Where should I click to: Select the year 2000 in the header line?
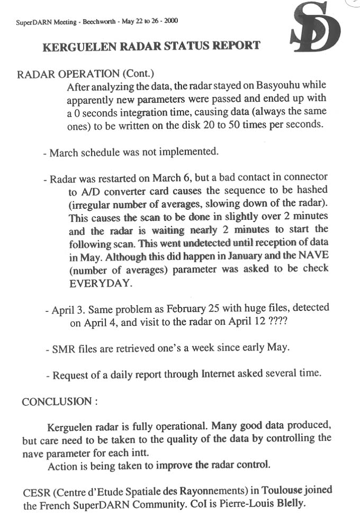171,21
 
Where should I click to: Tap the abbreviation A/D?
81,190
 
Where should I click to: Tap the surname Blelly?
292,504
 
